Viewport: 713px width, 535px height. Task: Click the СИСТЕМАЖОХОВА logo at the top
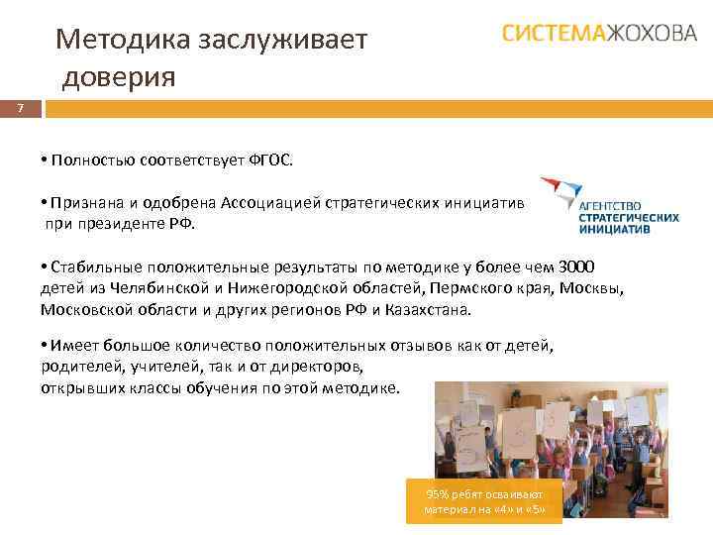coord(598,34)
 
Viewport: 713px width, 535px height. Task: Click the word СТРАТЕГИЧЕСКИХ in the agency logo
coord(629,216)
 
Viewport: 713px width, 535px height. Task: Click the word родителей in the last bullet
coord(75,366)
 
